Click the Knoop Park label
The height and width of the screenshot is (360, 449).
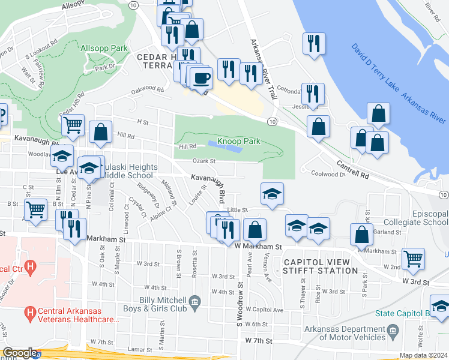[238, 141]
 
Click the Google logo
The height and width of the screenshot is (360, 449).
[20, 353]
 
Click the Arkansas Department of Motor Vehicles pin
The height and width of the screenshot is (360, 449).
[393, 330]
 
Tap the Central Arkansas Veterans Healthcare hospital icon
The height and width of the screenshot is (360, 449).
[29, 313]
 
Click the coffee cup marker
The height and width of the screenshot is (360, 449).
[202, 78]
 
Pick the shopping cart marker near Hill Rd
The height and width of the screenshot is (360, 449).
[73, 125]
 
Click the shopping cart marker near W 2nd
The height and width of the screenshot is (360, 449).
[414, 259]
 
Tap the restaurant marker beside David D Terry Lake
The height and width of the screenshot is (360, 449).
[314, 44]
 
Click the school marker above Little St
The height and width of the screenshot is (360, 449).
[272, 194]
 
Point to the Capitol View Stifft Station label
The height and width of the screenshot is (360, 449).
[321, 266]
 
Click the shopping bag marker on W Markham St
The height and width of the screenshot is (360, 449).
[255, 230]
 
